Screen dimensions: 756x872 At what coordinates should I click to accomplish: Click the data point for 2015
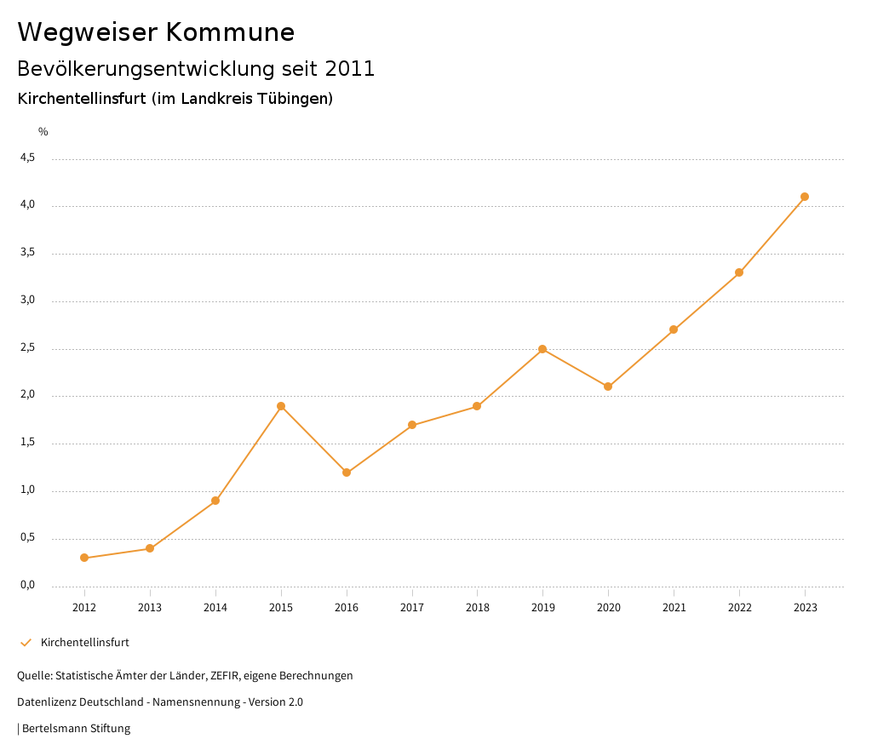point(281,406)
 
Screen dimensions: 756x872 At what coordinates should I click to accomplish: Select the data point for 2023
point(805,197)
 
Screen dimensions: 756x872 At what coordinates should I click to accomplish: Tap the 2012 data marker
point(84,558)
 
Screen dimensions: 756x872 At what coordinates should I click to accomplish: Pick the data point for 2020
point(608,387)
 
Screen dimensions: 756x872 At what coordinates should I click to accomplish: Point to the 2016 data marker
point(347,472)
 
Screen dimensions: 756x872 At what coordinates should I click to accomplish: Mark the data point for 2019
point(542,349)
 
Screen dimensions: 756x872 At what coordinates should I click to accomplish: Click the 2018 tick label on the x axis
point(477,607)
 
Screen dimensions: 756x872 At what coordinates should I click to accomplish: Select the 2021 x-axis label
point(674,607)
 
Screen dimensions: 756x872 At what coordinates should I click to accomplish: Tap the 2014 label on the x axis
point(215,607)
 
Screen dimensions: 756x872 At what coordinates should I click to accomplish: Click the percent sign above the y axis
point(43,132)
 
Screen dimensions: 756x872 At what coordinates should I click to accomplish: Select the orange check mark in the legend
point(26,643)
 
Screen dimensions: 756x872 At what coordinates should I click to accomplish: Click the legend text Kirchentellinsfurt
point(85,643)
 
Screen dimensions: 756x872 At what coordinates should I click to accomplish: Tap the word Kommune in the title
point(230,32)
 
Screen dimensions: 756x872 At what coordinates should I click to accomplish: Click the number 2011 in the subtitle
point(350,69)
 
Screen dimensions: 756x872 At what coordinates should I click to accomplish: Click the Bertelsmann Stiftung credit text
point(76,729)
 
